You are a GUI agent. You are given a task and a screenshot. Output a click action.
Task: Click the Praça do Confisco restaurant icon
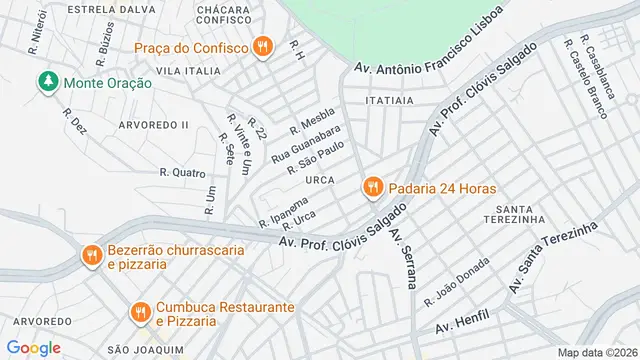pos(263,46)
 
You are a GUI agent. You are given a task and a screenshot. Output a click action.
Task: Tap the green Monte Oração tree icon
pos(47,83)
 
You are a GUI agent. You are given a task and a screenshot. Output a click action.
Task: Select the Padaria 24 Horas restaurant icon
pos(372,187)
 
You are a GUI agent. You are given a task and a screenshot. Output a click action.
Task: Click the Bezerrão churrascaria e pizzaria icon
pos(91,256)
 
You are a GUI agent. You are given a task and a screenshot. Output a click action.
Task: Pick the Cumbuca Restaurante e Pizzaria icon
pos(139,314)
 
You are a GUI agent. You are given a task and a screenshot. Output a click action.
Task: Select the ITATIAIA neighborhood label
pos(390,100)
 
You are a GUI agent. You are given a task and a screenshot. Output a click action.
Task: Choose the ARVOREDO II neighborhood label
pos(153,124)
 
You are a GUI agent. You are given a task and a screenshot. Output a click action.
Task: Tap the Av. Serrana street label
pos(403,258)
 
